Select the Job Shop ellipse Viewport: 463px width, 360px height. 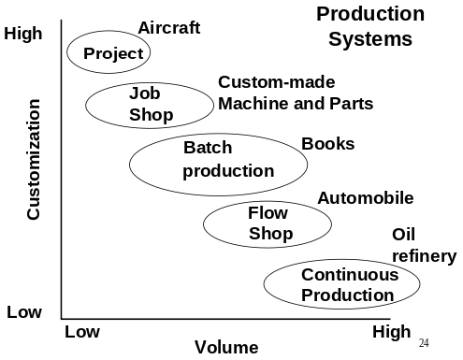click(150, 104)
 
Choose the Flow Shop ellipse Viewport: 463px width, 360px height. click(268, 223)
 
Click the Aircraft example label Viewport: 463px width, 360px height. click(169, 28)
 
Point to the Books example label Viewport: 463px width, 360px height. click(327, 144)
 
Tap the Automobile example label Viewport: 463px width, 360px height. click(366, 198)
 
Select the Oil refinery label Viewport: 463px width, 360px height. click(423, 245)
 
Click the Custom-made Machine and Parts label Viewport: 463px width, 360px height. click(296, 93)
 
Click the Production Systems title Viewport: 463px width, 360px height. click(369, 26)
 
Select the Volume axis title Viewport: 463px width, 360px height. click(226, 348)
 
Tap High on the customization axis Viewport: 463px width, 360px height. click(23, 35)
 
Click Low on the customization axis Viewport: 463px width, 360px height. click(23, 312)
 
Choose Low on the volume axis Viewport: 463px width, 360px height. click(82, 332)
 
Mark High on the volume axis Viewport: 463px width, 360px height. click(391, 332)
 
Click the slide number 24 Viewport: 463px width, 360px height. click(424, 343)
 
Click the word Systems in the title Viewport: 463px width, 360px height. click(370, 39)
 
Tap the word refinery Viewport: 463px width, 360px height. click(424, 256)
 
